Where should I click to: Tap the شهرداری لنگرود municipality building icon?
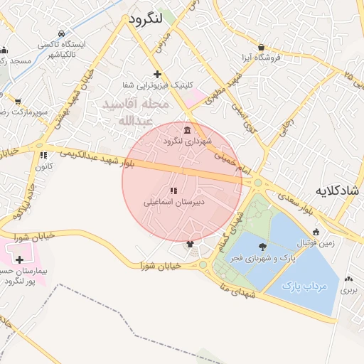[187, 130]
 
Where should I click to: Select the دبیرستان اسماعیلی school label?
[174, 202]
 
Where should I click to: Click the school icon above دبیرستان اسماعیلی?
[173, 191]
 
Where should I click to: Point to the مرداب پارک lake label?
[304, 286]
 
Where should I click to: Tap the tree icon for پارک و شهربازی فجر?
[263, 247]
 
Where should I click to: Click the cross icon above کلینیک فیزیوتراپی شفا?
[157, 74]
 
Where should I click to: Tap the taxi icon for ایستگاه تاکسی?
[62, 33]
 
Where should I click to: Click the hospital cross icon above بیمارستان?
[19, 259]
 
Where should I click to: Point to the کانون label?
[43, 166]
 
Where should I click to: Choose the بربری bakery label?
[348, 291]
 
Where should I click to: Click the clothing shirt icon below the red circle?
[190, 244]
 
